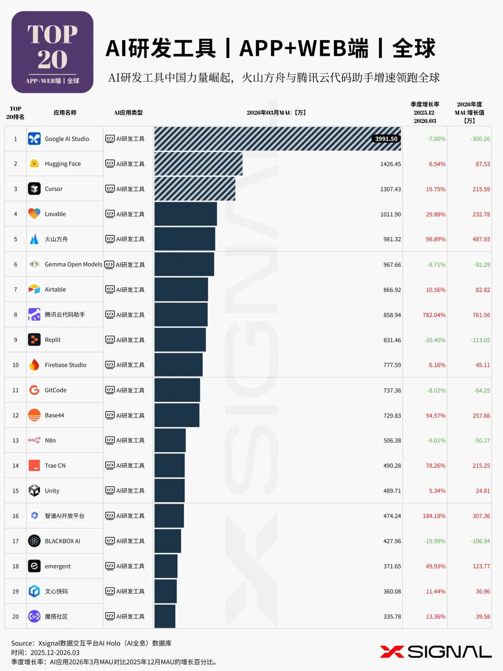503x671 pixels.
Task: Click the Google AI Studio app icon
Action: point(34,139)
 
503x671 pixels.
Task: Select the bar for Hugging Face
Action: point(198,164)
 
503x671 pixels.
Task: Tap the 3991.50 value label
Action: point(386,139)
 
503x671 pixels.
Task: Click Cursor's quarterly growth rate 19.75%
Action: point(435,189)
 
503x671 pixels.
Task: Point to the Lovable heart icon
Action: point(34,214)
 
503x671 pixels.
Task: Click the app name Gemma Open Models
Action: point(73,264)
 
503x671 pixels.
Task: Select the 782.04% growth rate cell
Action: point(434,315)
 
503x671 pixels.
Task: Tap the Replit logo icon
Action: point(34,340)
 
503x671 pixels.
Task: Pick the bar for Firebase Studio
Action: point(178,365)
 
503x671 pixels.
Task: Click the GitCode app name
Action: point(55,390)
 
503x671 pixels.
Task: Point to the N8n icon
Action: point(34,440)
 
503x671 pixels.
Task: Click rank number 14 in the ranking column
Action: point(15,466)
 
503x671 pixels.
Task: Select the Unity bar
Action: point(170,491)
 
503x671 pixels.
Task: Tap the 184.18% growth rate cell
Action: point(434,516)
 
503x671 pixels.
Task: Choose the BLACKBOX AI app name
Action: point(62,541)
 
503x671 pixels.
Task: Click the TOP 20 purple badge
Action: point(52,52)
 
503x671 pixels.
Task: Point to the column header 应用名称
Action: point(65,112)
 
